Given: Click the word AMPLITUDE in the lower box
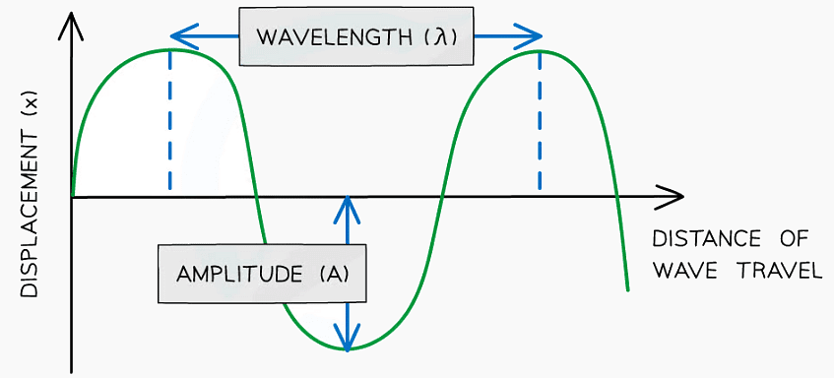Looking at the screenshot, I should [x=239, y=273].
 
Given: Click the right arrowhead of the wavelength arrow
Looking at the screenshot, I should [x=534, y=37].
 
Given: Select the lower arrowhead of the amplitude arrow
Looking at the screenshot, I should [x=347, y=342].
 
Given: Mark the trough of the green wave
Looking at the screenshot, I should [x=347, y=349].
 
